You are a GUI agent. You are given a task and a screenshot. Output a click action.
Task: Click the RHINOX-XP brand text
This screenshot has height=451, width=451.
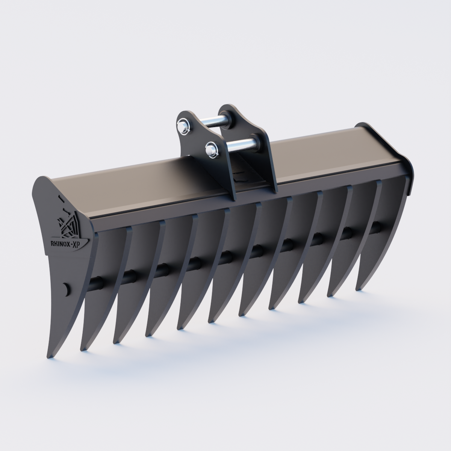(x=70, y=243)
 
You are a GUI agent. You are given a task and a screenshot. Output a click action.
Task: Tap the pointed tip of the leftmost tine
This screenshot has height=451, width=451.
(x=48, y=356)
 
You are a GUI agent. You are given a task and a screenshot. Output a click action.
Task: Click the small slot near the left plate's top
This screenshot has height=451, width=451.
(x=59, y=197)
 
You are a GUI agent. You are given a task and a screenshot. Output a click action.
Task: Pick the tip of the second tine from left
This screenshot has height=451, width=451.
(x=82, y=349)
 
